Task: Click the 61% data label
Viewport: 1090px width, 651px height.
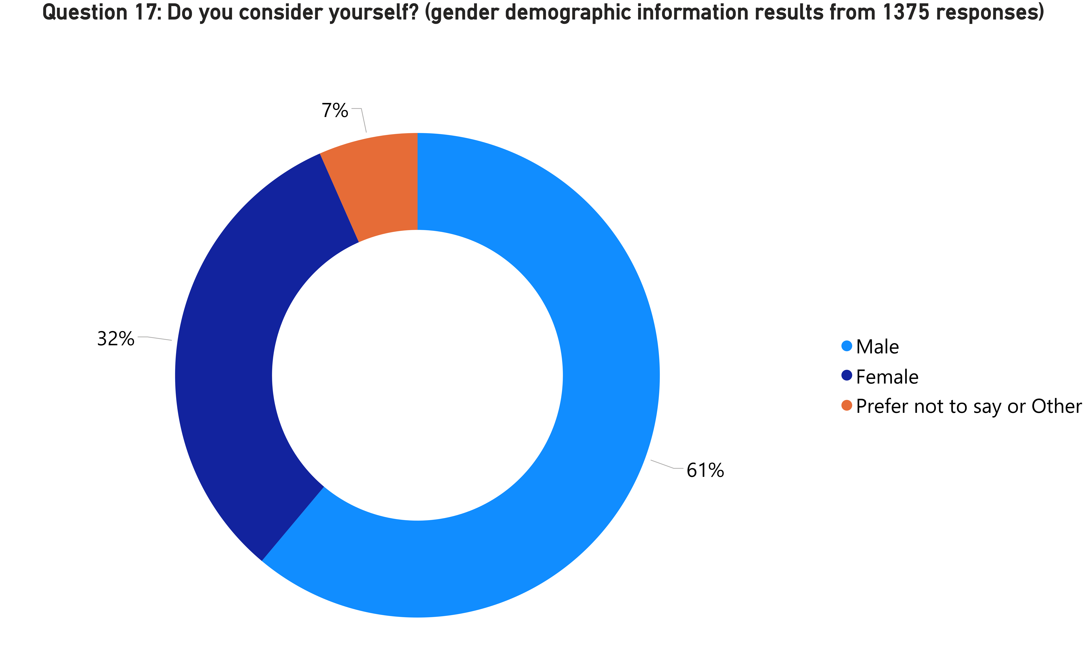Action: pos(705,470)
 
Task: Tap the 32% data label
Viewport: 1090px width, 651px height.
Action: pos(115,339)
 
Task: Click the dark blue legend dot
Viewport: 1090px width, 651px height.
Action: pos(846,376)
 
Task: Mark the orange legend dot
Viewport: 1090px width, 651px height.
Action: pos(846,405)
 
